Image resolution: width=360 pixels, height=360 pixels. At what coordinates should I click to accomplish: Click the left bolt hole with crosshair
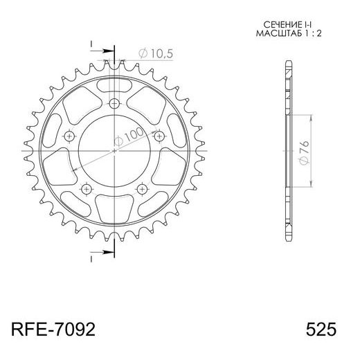(69, 137)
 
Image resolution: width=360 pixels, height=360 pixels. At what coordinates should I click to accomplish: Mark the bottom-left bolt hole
(86, 189)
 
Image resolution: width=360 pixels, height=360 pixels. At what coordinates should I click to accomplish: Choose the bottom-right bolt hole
(141, 189)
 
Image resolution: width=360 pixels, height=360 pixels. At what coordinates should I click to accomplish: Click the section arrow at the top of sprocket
(103, 51)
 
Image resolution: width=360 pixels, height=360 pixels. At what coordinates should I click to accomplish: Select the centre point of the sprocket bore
(114, 150)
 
